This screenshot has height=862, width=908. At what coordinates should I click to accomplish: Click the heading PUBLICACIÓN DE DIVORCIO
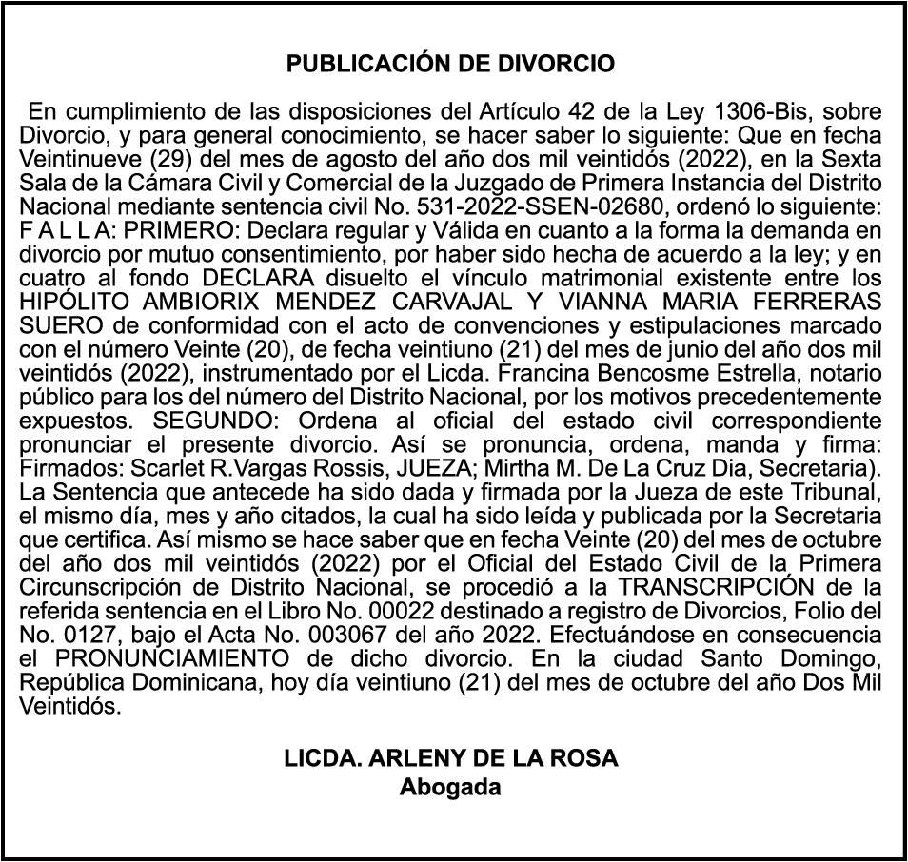point(450,65)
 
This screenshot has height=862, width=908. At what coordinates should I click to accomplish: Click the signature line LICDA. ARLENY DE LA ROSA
point(450,759)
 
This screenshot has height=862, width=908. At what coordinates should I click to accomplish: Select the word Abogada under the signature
point(450,788)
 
